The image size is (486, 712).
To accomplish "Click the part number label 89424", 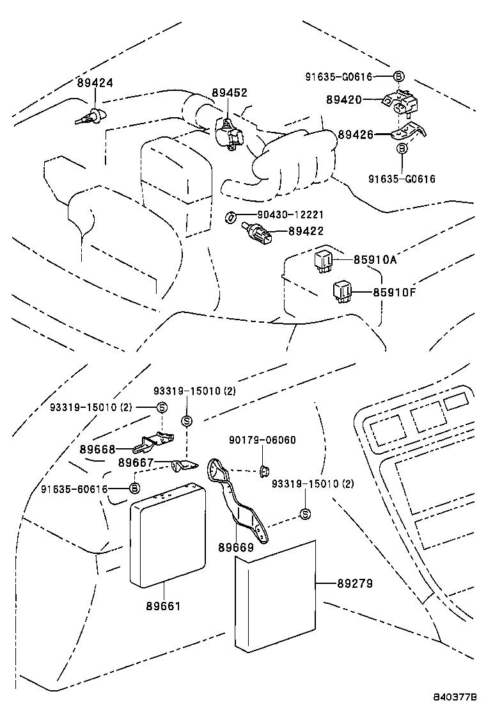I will click(95, 83).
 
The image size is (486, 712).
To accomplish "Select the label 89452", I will click(230, 93).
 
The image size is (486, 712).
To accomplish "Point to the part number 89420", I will click(344, 100).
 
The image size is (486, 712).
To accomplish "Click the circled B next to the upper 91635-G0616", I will click(398, 77).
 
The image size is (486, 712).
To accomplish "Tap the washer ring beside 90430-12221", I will click(230, 218).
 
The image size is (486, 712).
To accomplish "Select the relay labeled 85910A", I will click(324, 260).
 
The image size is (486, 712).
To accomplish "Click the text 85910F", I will click(395, 293).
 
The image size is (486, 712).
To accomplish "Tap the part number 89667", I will click(136, 462).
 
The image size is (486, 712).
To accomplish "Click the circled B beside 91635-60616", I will click(134, 489).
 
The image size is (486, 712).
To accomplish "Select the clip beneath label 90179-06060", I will click(262, 472).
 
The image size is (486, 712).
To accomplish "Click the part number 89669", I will click(236, 547).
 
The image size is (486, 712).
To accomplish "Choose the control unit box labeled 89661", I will click(168, 535).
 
